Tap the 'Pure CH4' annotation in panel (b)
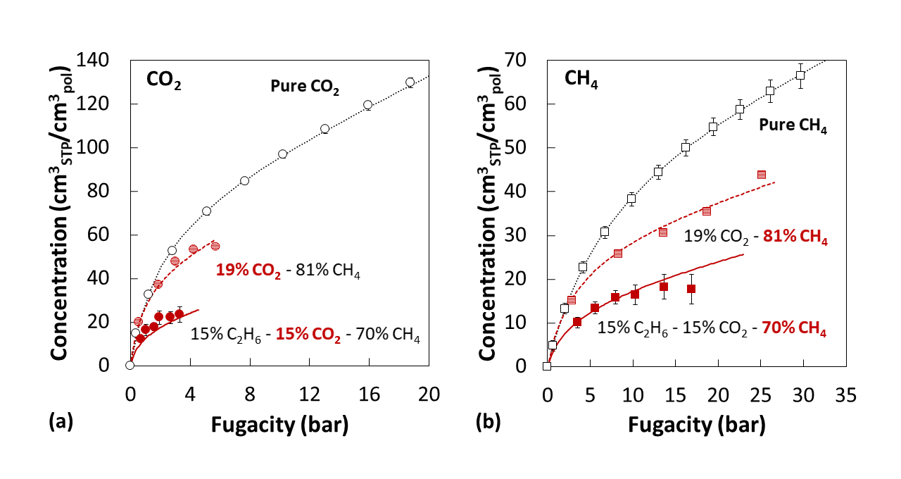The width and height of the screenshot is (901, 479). (792, 127)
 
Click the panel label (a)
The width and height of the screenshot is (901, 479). (60, 421)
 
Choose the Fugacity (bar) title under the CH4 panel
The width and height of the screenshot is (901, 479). (695, 425)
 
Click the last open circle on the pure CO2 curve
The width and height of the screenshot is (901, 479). (410, 82)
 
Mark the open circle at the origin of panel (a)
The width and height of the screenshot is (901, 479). (130, 365)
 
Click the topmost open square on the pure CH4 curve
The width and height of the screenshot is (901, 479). (800, 75)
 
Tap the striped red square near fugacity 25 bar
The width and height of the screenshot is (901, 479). (761, 175)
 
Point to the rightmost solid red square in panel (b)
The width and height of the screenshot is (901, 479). (691, 289)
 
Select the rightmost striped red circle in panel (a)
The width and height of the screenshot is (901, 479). (215, 246)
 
